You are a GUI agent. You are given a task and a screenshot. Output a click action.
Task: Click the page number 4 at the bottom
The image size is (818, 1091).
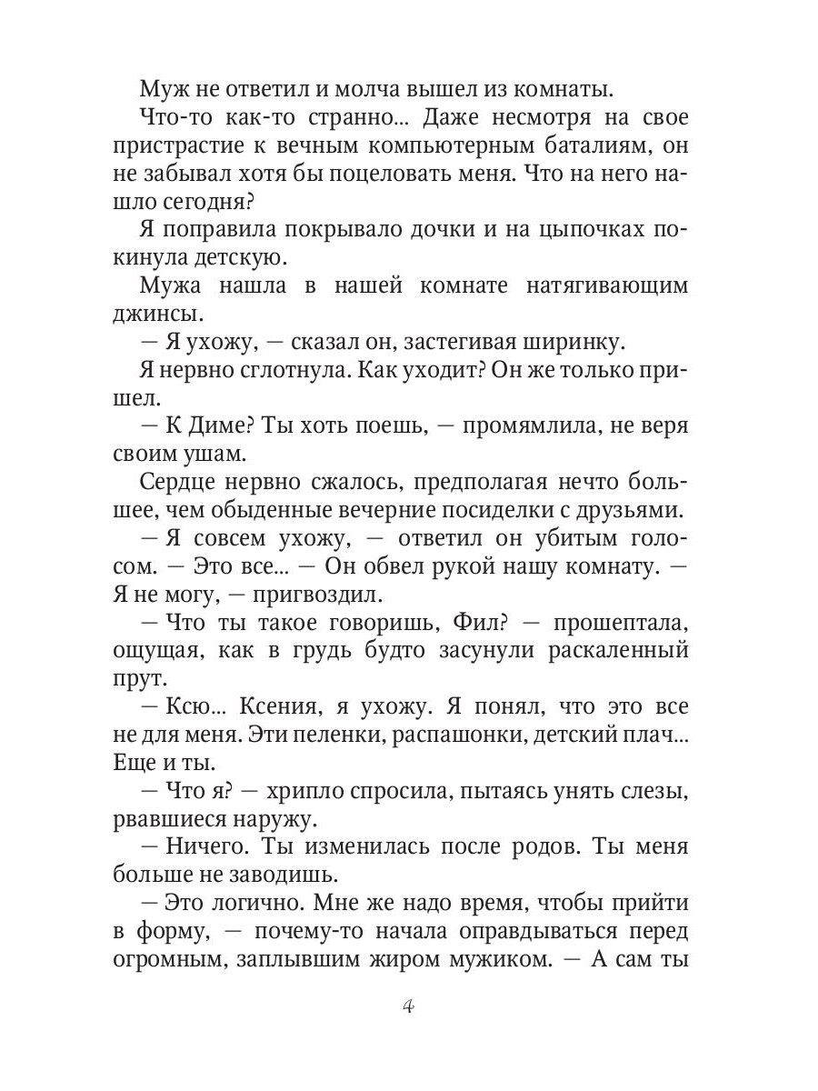pos(408,1006)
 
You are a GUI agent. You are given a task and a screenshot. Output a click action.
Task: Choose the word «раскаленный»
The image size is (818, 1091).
pos(599,651)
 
